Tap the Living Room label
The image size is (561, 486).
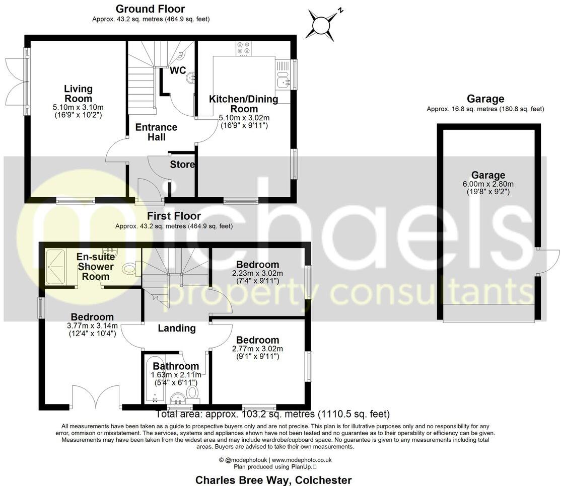click(78, 94)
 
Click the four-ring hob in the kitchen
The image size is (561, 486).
click(243, 48)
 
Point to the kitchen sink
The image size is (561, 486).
click(282, 79)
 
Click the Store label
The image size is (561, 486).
click(182, 165)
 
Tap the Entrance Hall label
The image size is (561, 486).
click(156, 132)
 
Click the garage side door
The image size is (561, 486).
click(548, 262)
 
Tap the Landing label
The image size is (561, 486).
click(176, 328)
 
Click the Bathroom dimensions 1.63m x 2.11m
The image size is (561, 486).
click(176, 375)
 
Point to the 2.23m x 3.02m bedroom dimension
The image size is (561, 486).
click(257, 273)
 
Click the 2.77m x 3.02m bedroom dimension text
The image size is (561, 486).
click(257, 349)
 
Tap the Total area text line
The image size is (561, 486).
click(272, 415)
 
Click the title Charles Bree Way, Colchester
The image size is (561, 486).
click(273, 480)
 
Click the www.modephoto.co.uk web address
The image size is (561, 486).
click(302, 460)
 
